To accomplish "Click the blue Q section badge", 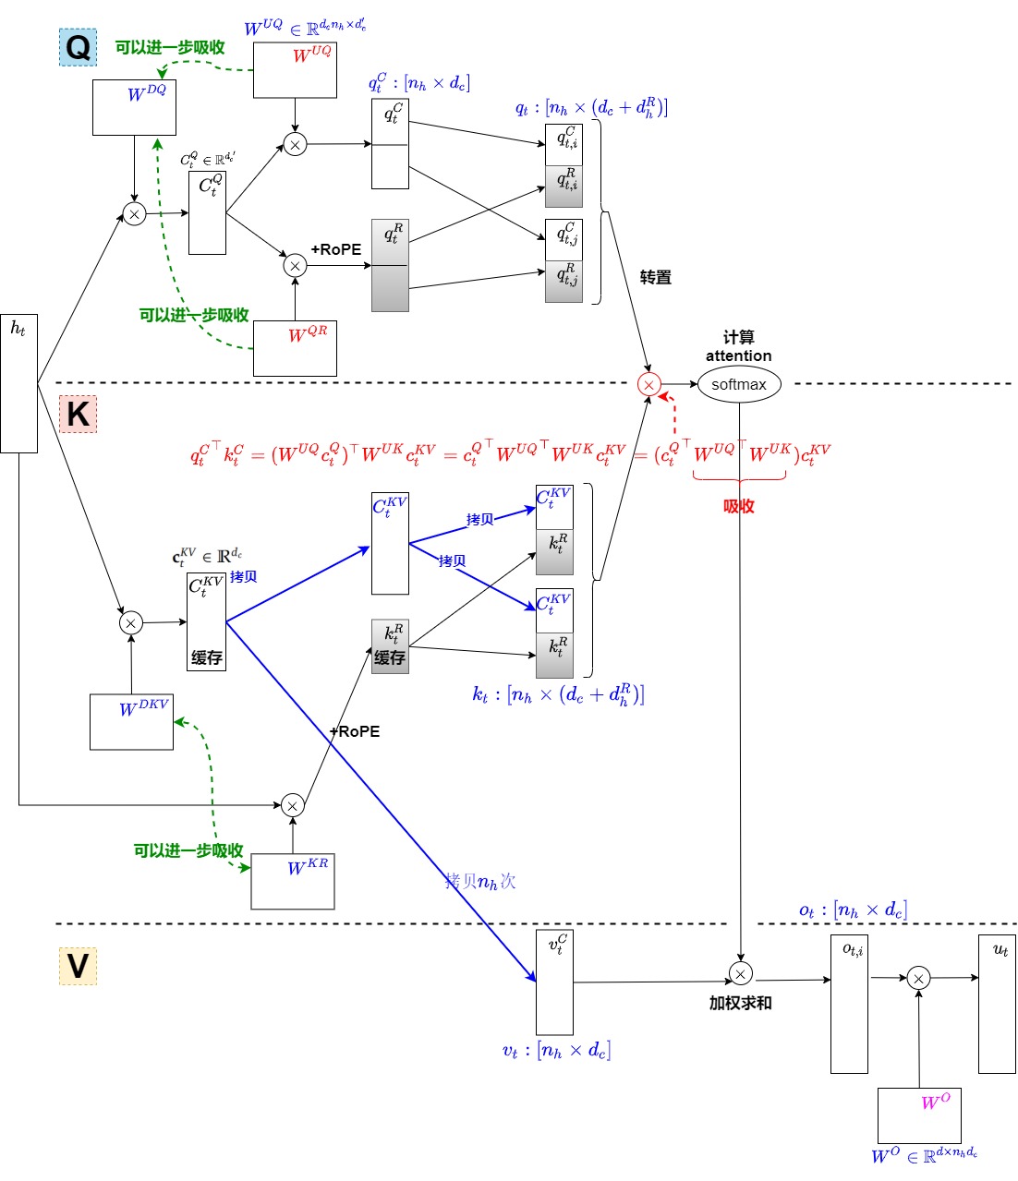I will [78, 47].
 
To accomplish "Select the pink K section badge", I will [78, 415].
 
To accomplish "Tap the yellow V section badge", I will [78, 966].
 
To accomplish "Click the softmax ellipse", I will [739, 384].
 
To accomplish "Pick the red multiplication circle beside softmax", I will [649, 384].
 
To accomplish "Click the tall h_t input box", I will [18, 383].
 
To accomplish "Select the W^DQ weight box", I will [134, 107].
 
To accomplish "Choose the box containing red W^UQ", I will [295, 70].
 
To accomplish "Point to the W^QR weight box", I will [295, 348].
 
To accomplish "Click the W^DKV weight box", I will [131, 722].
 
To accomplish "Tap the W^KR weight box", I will [293, 881].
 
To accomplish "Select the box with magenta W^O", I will [919, 1115].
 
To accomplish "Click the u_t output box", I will [997, 1004].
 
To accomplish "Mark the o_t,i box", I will [849, 1004].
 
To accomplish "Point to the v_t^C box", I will [554, 982].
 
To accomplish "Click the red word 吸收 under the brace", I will [739, 506].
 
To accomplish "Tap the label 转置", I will [656, 277].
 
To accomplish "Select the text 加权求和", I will [740, 1003].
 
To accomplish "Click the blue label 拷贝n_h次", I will [480, 882].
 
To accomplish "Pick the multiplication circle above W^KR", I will [293, 805].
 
